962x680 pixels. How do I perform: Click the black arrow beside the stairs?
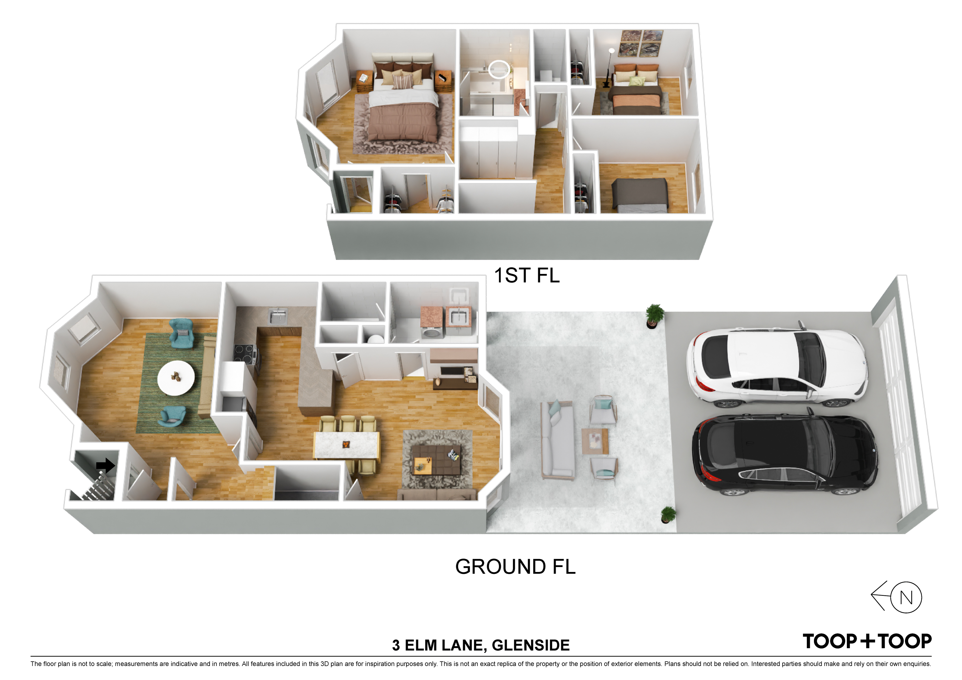click(x=106, y=465)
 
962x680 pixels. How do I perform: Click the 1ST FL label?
click(x=527, y=275)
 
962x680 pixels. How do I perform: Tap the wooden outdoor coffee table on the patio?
click(x=595, y=441)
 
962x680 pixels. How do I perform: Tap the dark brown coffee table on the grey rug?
click(x=436, y=460)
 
